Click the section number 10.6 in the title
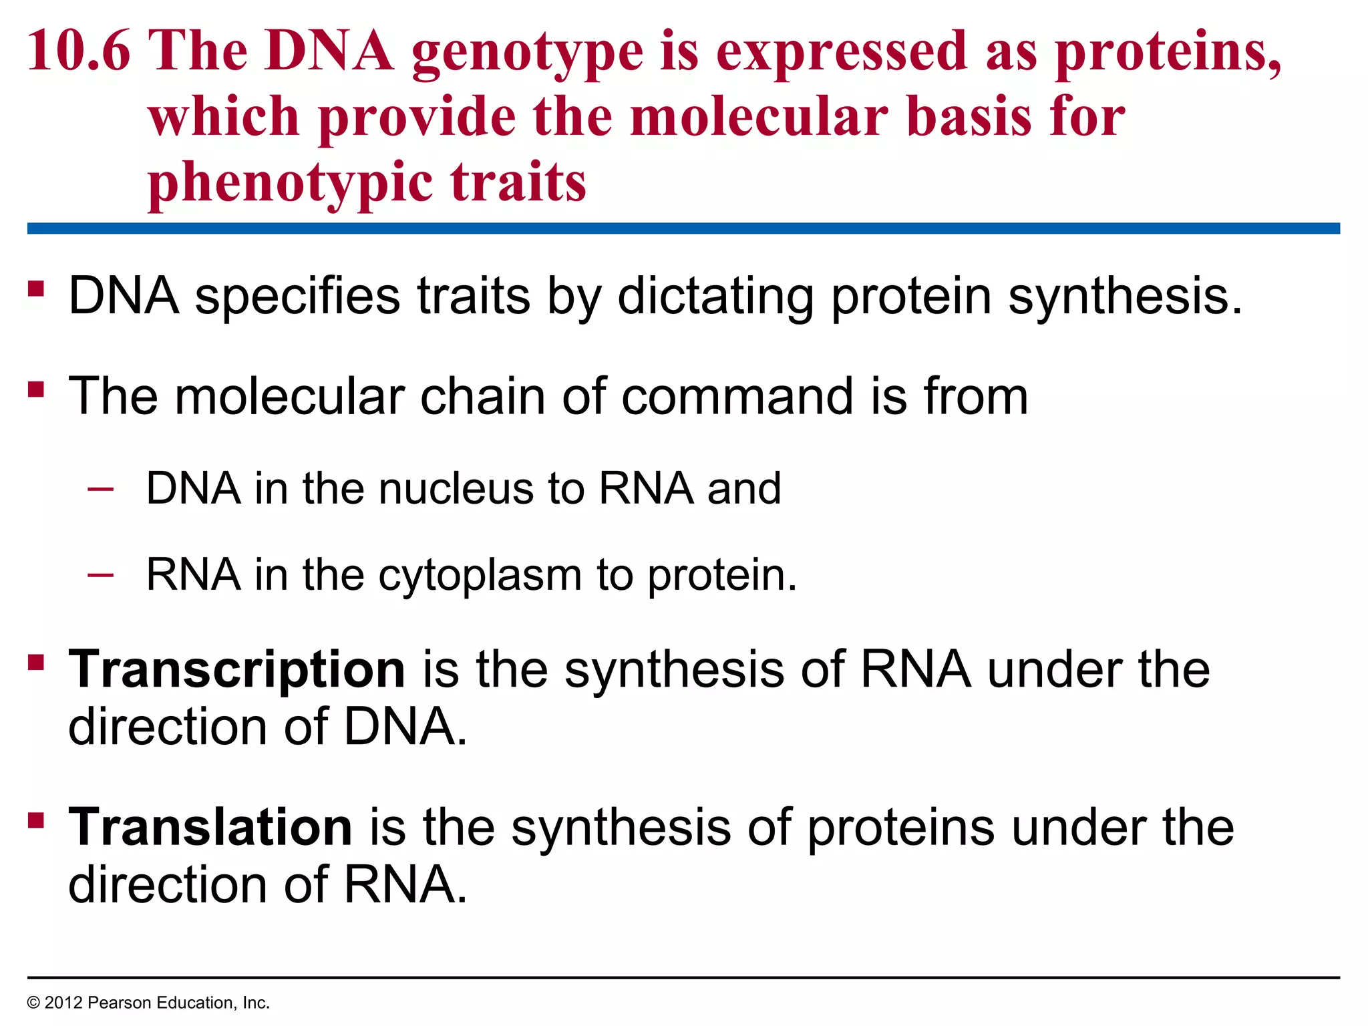pos(78,52)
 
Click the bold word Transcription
pos(237,669)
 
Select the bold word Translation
pos(210,828)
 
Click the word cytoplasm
pos(480,576)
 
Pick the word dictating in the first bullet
pos(715,296)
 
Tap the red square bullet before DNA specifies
pos(36,289)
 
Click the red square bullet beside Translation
pos(36,820)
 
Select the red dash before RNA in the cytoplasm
pos(100,574)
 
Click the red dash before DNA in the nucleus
pos(100,488)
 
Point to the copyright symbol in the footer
pos(33,1003)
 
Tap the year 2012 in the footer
pos(63,1003)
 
